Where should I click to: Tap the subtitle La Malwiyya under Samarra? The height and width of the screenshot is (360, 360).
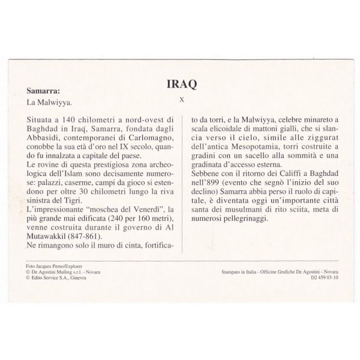50,103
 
